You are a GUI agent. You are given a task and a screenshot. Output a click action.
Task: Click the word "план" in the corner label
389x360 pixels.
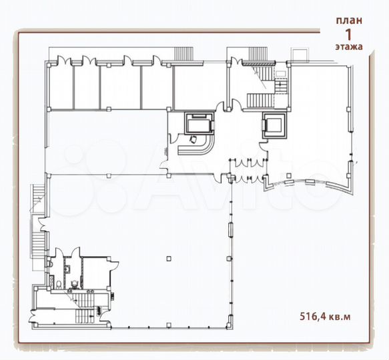349,19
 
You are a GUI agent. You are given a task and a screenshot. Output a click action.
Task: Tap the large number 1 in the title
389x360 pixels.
348,33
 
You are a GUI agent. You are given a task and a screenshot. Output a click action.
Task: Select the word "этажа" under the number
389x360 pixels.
348,47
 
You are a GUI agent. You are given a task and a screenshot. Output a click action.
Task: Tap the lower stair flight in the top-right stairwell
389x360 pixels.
260,101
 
